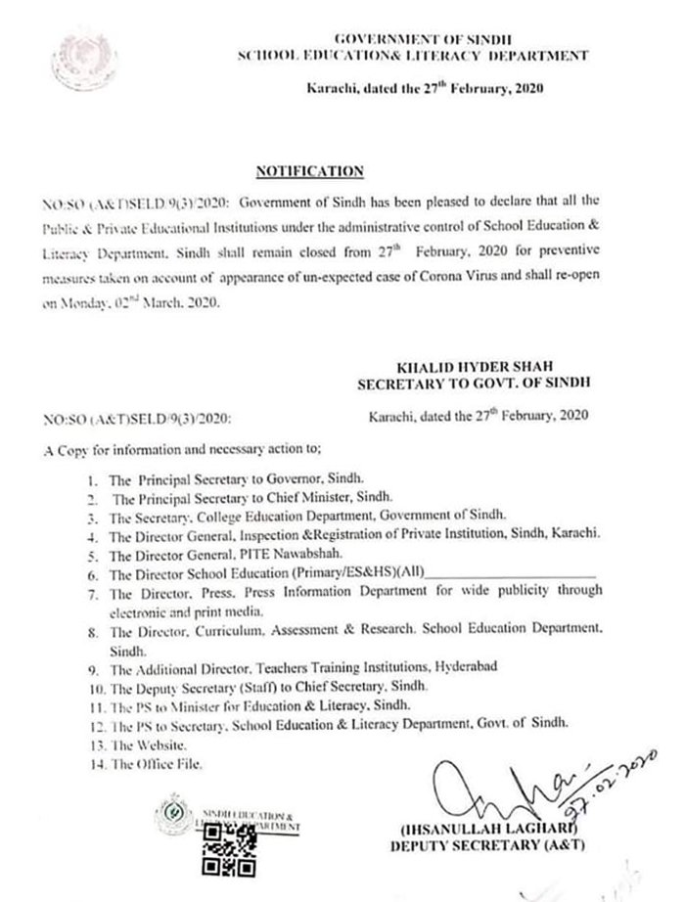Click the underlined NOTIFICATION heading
309,171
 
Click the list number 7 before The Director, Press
91,592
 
